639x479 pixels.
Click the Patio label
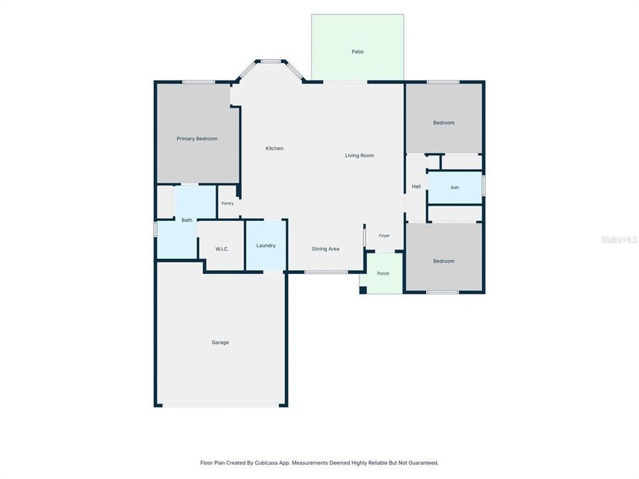pyautogui.click(x=357, y=52)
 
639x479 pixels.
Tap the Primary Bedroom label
pyautogui.click(x=197, y=139)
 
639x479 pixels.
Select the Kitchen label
pyautogui.click(x=274, y=148)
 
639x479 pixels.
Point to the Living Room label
pyautogui.click(x=359, y=156)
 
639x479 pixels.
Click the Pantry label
pyautogui.click(x=228, y=204)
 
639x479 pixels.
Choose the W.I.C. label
pyautogui.click(x=222, y=249)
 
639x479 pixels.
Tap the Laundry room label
pyautogui.click(x=266, y=245)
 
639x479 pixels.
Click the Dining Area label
pyautogui.click(x=325, y=249)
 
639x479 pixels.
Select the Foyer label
pyautogui.click(x=384, y=236)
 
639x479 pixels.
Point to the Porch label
pyautogui.click(x=383, y=273)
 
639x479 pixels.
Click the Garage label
pyautogui.click(x=220, y=343)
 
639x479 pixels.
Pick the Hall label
pyautogui.click(x=416, y=186)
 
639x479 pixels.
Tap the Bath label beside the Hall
pyautogui.click(x=455, y=188)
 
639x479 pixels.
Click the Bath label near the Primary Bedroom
pyautogui.click(x=186, y=220)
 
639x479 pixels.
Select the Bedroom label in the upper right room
pyautogui.click(x=444, y=123)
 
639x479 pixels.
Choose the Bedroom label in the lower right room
pyautogui.click(x=444, y=261)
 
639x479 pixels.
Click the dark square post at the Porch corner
pyautogui.click(x=363, y=290)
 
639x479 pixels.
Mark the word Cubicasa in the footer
pyautogui.click(x=266, y=463)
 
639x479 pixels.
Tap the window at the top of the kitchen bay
pyautogui.click(x=271, y=61)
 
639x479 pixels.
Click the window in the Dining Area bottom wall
pyautogui.click(x=326, y=272)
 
